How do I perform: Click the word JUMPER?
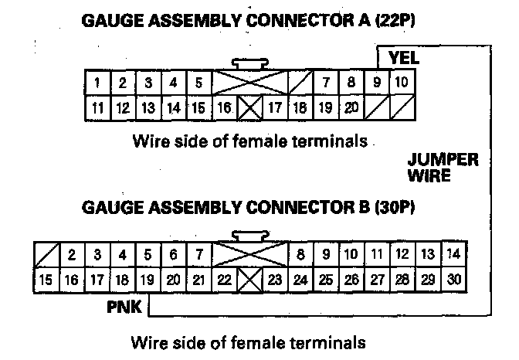tap(443, 160)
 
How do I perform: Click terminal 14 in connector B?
tap(453, 254)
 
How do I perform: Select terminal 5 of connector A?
tap(198, 83)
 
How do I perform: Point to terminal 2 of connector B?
tap(71, 254)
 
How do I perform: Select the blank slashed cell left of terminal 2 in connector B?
tap(46, 254)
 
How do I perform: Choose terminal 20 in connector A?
tap(351, 108)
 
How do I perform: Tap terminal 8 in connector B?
tap(300, 254)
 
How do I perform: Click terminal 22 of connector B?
tap(224, 280)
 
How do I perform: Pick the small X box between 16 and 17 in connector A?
tap(248, 109)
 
